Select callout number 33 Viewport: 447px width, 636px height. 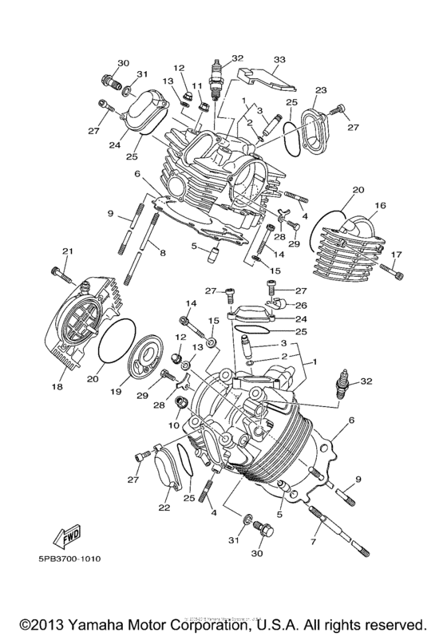tap(279, 59)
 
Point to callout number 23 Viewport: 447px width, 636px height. tap(321, 90)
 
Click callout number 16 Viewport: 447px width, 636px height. tap(380, 205)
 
